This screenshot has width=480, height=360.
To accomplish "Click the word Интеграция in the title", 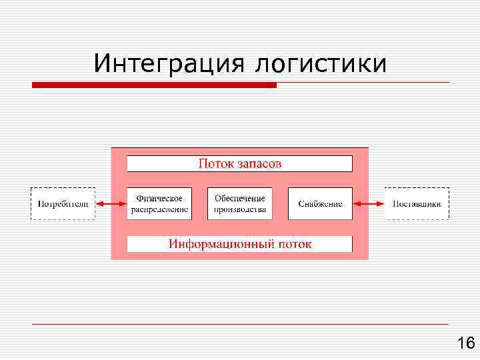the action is click(168, 63).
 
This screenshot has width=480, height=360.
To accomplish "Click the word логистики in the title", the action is click(320, 63).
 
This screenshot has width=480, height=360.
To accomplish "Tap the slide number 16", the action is click(465, 343).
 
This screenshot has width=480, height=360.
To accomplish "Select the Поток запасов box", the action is click(239, 163).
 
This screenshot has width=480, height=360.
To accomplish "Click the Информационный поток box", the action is click(239, 244).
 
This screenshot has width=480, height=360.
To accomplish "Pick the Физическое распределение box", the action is click(159, 203).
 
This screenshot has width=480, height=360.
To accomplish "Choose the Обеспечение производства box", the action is click(240, 203).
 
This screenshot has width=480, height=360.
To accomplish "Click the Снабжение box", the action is click(320, 203).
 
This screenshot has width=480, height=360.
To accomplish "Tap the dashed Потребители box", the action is click(63, 203).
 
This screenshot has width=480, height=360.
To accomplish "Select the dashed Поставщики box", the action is click(417, 203).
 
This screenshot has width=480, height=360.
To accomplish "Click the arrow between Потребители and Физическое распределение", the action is click(111, 203).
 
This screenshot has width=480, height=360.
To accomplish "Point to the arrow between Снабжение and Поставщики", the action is click(369, 203).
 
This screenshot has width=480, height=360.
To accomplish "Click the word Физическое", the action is click(159, 198).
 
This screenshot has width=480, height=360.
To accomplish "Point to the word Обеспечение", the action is click(240, 198).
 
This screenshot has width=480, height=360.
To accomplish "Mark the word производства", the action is click(240, 209).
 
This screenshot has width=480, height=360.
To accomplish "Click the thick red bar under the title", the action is click(154, 85).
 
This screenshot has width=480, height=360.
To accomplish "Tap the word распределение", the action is click(159, 209).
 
